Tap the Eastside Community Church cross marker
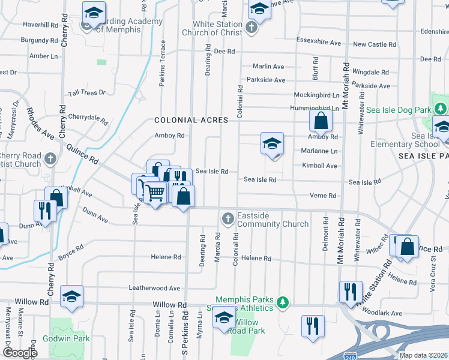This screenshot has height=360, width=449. pos(228,218)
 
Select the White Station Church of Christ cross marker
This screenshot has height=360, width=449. pos(252,28)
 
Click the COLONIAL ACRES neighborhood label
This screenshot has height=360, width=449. pos(191,120)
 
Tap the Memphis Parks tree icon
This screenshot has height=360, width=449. pos(287,301)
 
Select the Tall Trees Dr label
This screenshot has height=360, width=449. pos(86,93)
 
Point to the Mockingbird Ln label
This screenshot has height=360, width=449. pos(317,95)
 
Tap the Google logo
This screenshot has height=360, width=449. pos(20,353)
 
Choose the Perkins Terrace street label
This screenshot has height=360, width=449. pos(162,64)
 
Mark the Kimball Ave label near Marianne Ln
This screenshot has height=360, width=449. pos(320,166)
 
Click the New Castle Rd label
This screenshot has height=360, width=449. pos(374,44)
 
